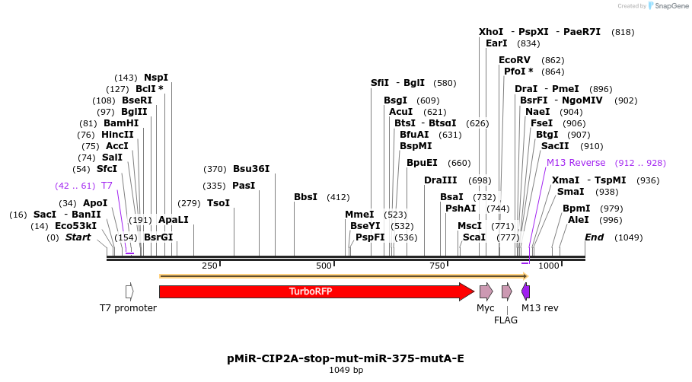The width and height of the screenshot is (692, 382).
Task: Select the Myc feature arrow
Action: tap(486, 291)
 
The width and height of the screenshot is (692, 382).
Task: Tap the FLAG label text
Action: tap(505, 320)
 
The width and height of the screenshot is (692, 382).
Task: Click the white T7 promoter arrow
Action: tap(129, 291)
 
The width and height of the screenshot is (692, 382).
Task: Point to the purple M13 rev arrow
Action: tap(526, 291)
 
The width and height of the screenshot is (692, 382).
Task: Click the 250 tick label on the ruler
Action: tap(209, 266)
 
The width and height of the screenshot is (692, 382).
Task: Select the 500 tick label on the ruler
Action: tap(324, 266)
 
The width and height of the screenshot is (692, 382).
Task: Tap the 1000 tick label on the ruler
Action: tap(549, 266)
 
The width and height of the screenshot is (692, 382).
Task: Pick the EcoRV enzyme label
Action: tap(515, 60)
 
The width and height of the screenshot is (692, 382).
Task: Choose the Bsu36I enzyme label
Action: tap(251, 169)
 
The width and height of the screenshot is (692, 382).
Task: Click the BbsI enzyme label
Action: tap(305, 197)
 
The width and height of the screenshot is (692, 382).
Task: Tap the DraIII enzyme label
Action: tap(441, 180)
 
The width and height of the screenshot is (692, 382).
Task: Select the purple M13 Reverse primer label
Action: tap(576, 163)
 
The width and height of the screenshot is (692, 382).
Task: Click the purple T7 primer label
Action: tap(107, 186)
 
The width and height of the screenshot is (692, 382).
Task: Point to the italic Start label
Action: tap(78, 237)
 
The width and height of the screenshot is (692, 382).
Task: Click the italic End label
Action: tap(594, 237)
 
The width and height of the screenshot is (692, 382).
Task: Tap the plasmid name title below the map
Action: tap(345, 358)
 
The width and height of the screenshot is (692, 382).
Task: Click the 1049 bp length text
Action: tap(346, 371)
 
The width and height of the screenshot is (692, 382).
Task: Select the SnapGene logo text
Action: tap(668, 6)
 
